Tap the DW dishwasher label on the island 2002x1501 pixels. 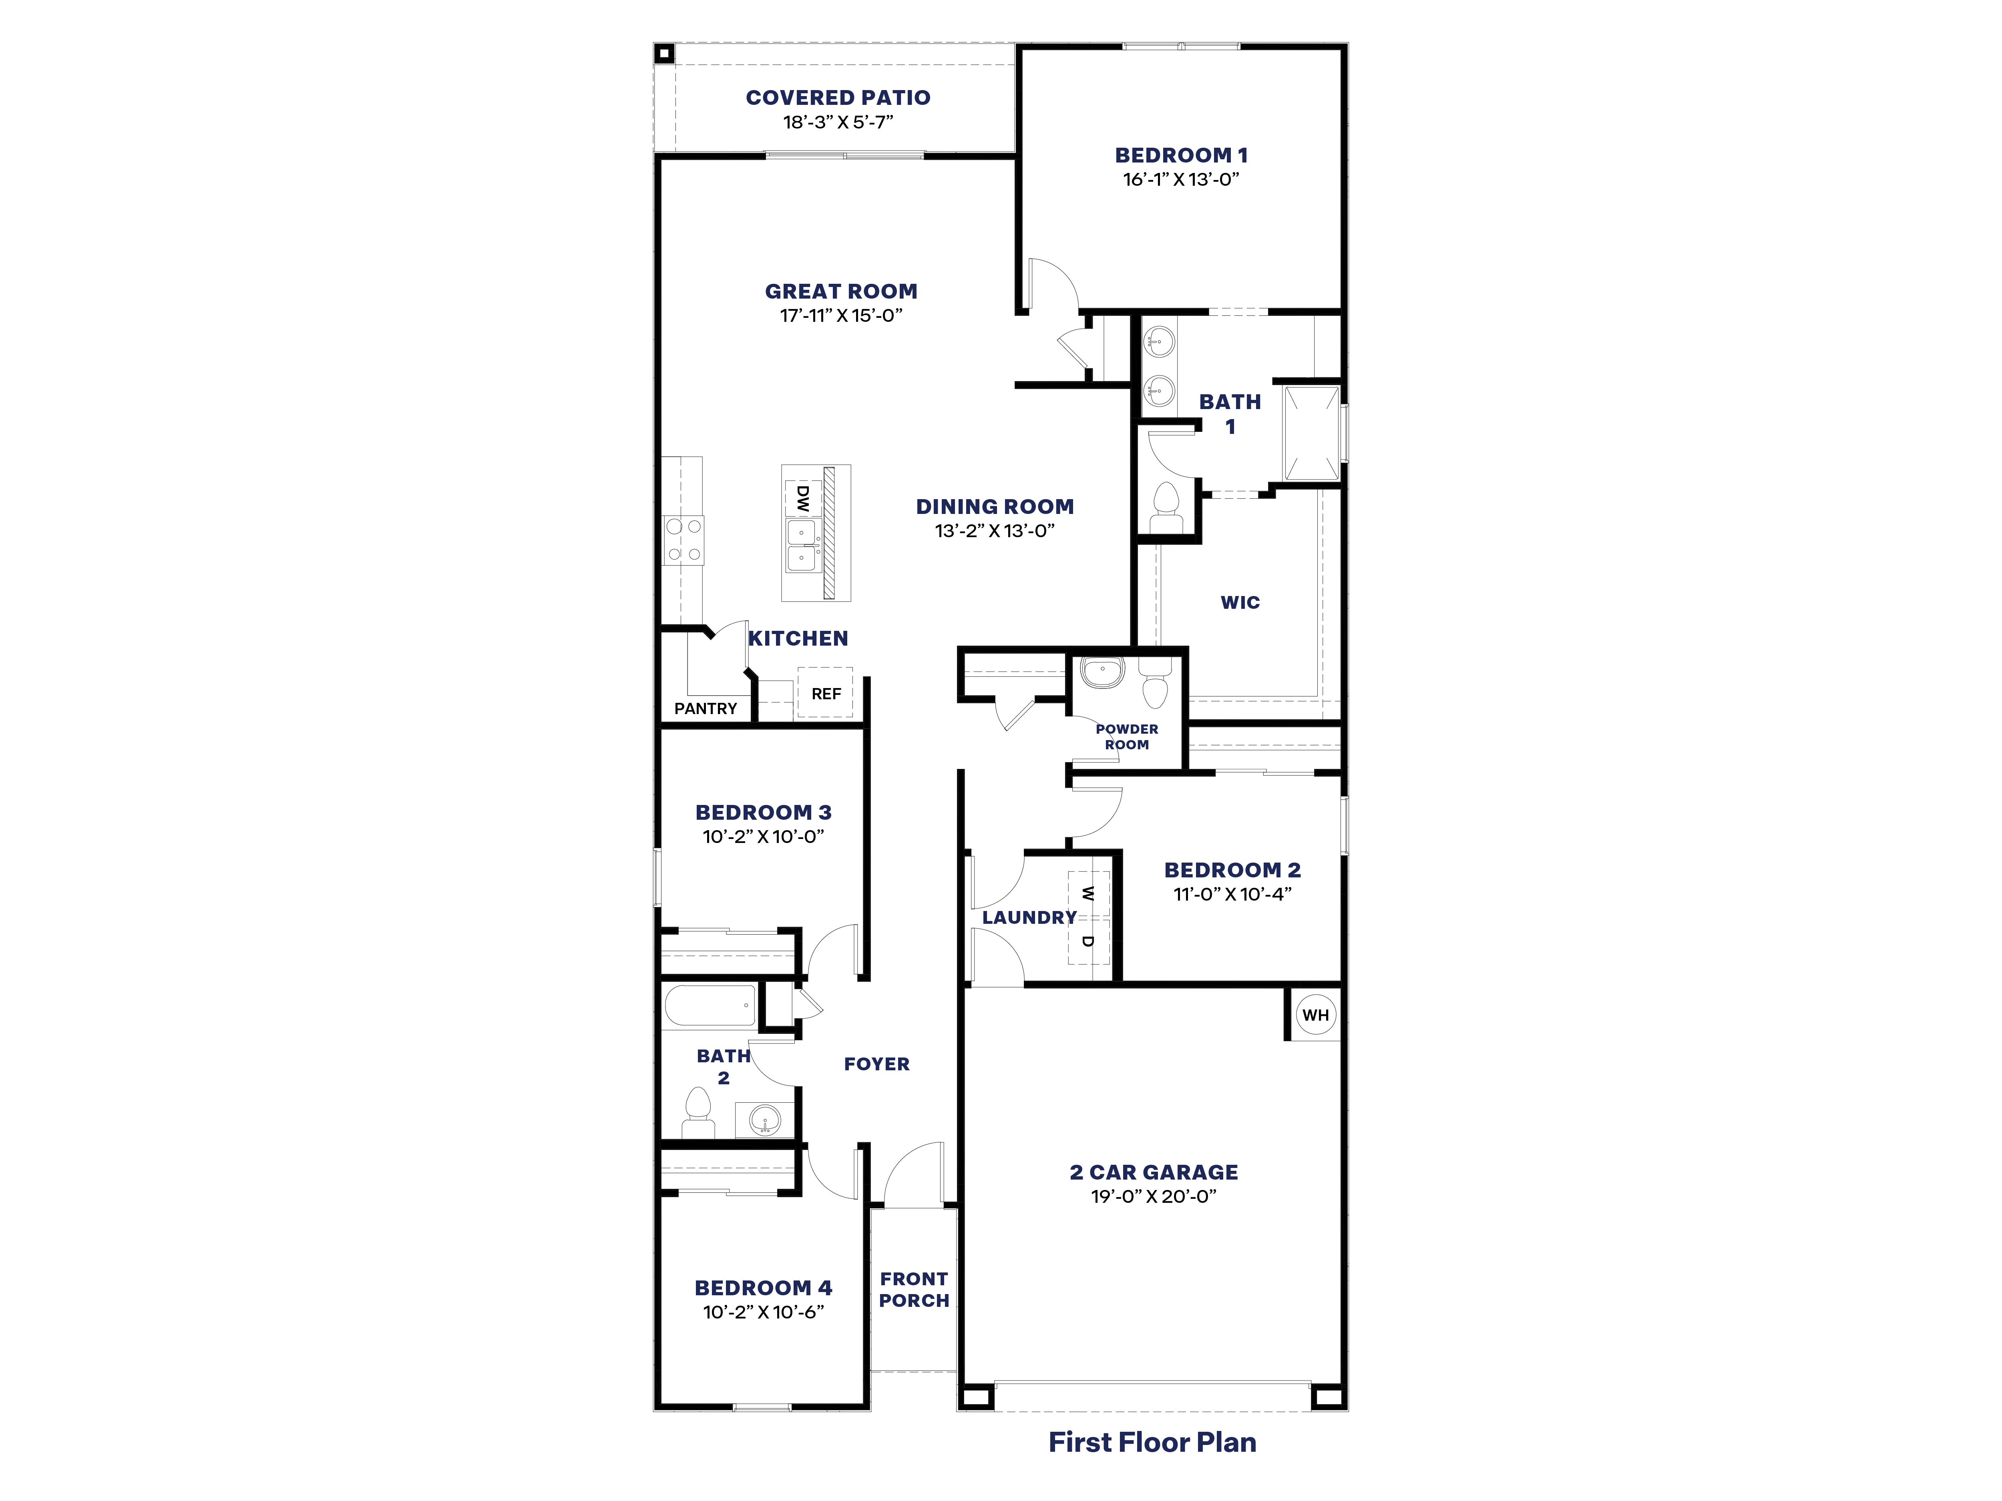tap(802, 498)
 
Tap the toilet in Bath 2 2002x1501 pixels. tap(698, 1111)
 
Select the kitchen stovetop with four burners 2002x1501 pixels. tap(683, 540)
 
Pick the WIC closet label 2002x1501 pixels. tap(1240, 602)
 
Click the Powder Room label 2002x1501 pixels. tap(1127, 736)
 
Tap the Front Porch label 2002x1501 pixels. tap(914, 1289)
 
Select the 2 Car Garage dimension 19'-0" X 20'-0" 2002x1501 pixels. tap(1153, 1196)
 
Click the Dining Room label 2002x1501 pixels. tap(995, 507)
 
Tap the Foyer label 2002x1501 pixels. tap(876, 1064)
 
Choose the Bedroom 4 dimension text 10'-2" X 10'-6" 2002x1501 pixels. tap(763, 1312)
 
